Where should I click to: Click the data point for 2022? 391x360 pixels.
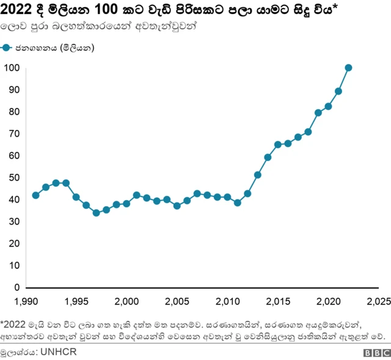coord(348,68)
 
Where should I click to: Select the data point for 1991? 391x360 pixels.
coord(35,195)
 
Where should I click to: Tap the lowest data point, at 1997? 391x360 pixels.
coord(96,213)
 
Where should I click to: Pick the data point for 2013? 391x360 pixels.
coord(258,175)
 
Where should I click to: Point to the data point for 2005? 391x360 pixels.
coord(177,206)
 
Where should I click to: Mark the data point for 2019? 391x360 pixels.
coord(318,113)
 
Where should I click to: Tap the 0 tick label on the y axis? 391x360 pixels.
coord(17,287)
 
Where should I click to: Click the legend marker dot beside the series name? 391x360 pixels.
coord(7,48)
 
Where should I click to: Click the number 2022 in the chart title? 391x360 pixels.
coord(18,10)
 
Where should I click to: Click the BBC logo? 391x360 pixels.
coord(377,352)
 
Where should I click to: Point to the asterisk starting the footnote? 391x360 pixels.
coord(2,321)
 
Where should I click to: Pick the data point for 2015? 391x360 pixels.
coord(278,145)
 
